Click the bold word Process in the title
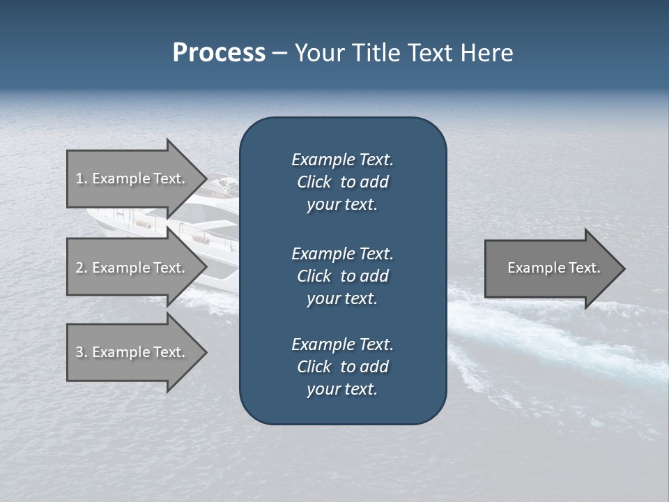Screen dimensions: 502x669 click(219, 53)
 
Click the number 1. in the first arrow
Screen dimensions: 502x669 click(82, 178)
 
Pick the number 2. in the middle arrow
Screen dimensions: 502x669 click(82, 268)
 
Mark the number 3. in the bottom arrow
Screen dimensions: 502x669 click(82, 352)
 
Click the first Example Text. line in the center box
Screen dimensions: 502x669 click(342, 160)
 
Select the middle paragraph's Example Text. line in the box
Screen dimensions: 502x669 click(342, 254)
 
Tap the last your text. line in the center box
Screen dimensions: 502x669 click(342, 390)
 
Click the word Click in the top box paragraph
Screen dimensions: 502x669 click(314, 182)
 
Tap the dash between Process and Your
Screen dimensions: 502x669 click(279, 54)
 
